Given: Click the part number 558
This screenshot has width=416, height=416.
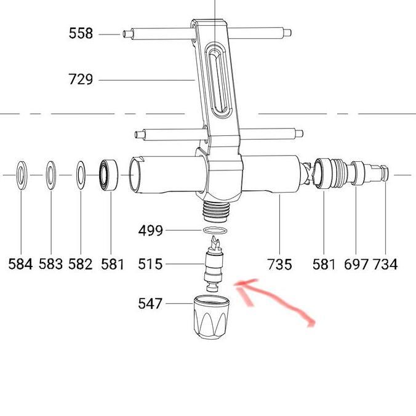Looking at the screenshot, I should point(81,34).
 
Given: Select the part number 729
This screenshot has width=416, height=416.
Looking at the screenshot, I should point(81,79).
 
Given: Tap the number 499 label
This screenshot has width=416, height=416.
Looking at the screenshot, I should point(151,231).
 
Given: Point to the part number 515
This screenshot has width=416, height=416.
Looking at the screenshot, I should point(151,264).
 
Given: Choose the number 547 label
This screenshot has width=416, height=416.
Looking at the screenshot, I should point(151,303).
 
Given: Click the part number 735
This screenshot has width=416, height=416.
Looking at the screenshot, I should point(281,264).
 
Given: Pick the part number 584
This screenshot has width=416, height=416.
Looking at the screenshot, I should point(20,264).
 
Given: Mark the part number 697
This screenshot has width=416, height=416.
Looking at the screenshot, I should point(356,264).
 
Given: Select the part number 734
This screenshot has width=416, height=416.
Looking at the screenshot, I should point(386,264).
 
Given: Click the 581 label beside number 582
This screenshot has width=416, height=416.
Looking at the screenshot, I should point(113,264).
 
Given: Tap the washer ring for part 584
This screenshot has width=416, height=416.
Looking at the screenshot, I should point(21,175).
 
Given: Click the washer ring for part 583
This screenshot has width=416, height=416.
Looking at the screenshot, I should point(50,175).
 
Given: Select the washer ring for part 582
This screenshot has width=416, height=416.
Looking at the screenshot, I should point(80,175).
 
